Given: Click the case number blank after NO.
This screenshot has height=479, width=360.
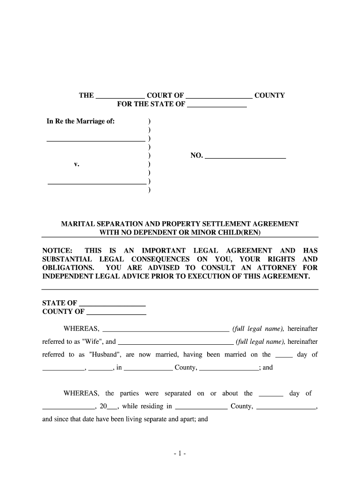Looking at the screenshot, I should point(245,156).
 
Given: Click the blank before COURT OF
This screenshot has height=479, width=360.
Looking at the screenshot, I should point(120,96).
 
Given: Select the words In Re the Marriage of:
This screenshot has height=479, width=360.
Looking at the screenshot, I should point(80,122).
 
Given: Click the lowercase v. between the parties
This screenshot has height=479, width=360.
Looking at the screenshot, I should point(76,165).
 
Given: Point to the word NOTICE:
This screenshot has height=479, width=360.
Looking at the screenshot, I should point(57,251).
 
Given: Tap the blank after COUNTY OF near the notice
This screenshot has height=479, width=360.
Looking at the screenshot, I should point(116,312).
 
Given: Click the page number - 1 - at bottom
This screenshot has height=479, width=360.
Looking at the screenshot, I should point(180,454).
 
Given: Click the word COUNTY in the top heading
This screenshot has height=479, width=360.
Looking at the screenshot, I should point(269,95).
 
